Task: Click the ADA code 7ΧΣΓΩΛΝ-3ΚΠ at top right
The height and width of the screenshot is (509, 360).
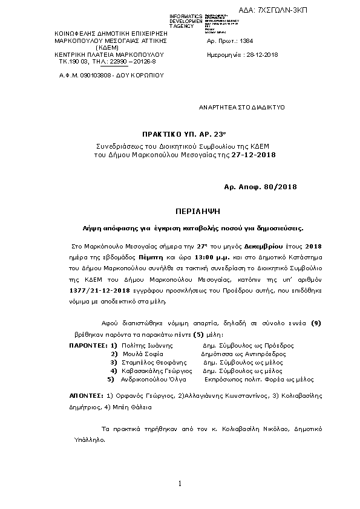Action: tap(316, 11)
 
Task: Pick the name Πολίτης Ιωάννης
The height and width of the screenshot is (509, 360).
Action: tap(145, 345)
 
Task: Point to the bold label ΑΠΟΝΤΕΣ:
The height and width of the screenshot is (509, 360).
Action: tap(87, 395)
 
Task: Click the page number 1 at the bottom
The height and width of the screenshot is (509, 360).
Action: tap(180, 483)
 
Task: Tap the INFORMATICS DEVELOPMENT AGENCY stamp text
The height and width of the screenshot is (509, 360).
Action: tap(186, 21)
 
